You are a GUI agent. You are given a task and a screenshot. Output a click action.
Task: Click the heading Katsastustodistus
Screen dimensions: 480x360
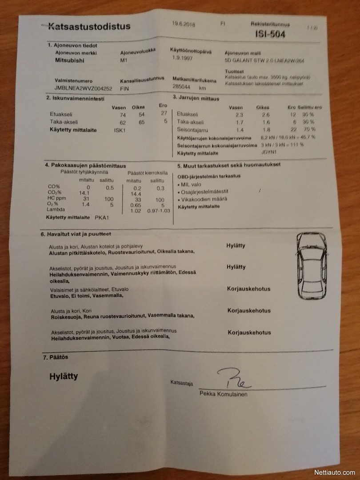[x=89, y=26]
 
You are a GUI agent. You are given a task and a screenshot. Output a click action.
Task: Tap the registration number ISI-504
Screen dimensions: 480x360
[x=270, y=34]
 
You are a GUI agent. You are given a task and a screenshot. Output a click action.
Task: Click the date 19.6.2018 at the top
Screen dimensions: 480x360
[x=184, y=24]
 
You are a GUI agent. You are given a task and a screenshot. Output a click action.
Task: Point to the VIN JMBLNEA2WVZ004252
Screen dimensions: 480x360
[x=83, y=89]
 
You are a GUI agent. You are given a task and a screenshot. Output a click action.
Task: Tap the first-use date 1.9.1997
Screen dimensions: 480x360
[x=182, y=58]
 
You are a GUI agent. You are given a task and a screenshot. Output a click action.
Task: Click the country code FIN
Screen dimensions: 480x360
[x=125, y=89]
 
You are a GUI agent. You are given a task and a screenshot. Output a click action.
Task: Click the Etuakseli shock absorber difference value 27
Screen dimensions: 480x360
[x=163, y=114]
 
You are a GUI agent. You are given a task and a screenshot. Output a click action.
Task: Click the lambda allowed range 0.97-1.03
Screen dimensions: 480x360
[x=158, y=211]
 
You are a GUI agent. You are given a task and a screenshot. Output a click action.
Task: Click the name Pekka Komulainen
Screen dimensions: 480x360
[x=224, y=394]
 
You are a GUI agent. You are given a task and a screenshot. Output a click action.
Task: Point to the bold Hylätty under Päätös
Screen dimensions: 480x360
[x=64, y=376]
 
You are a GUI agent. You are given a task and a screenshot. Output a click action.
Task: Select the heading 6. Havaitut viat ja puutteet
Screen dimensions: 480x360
[x=76, y=234]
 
